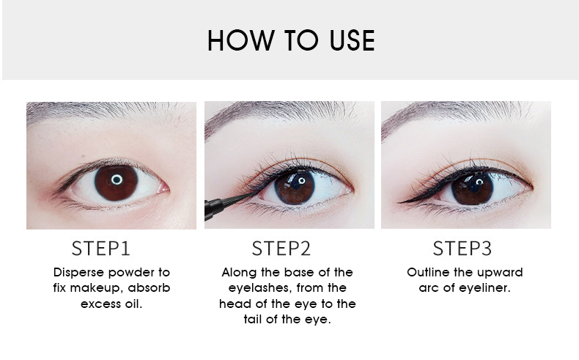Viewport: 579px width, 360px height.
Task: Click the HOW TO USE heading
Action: [x=291, y=40]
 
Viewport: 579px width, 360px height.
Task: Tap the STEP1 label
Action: [x=101, y=249]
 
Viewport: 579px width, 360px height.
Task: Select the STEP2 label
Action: [x=281, y=249]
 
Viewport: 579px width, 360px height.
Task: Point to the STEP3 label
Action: [x=462, y=249]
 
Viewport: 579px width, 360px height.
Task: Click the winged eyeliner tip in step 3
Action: [x=399, y=202]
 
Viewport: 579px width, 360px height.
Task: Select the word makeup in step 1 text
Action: [x=95, y=288]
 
